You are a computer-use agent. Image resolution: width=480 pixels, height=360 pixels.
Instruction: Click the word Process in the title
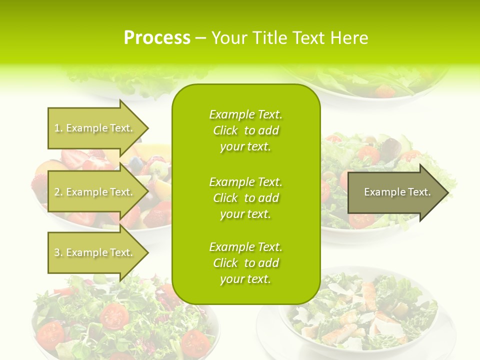pos(157,38)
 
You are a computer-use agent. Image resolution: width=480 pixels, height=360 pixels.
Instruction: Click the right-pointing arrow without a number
pos(397,192)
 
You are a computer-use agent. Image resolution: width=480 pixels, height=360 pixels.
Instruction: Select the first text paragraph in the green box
pos(245,130)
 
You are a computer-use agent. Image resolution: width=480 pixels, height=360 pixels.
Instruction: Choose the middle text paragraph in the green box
pos(245,198)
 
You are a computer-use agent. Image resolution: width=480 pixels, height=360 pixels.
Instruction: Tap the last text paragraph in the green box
pos(245,263)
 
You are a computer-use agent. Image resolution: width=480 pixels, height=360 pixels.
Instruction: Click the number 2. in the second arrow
pos(58,192)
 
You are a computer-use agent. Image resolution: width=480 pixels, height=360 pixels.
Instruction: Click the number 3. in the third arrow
pos(58,252)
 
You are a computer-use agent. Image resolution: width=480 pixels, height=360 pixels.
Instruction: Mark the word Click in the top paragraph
pos(225,130)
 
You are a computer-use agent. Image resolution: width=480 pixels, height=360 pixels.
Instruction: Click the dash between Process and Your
pos(200,38)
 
